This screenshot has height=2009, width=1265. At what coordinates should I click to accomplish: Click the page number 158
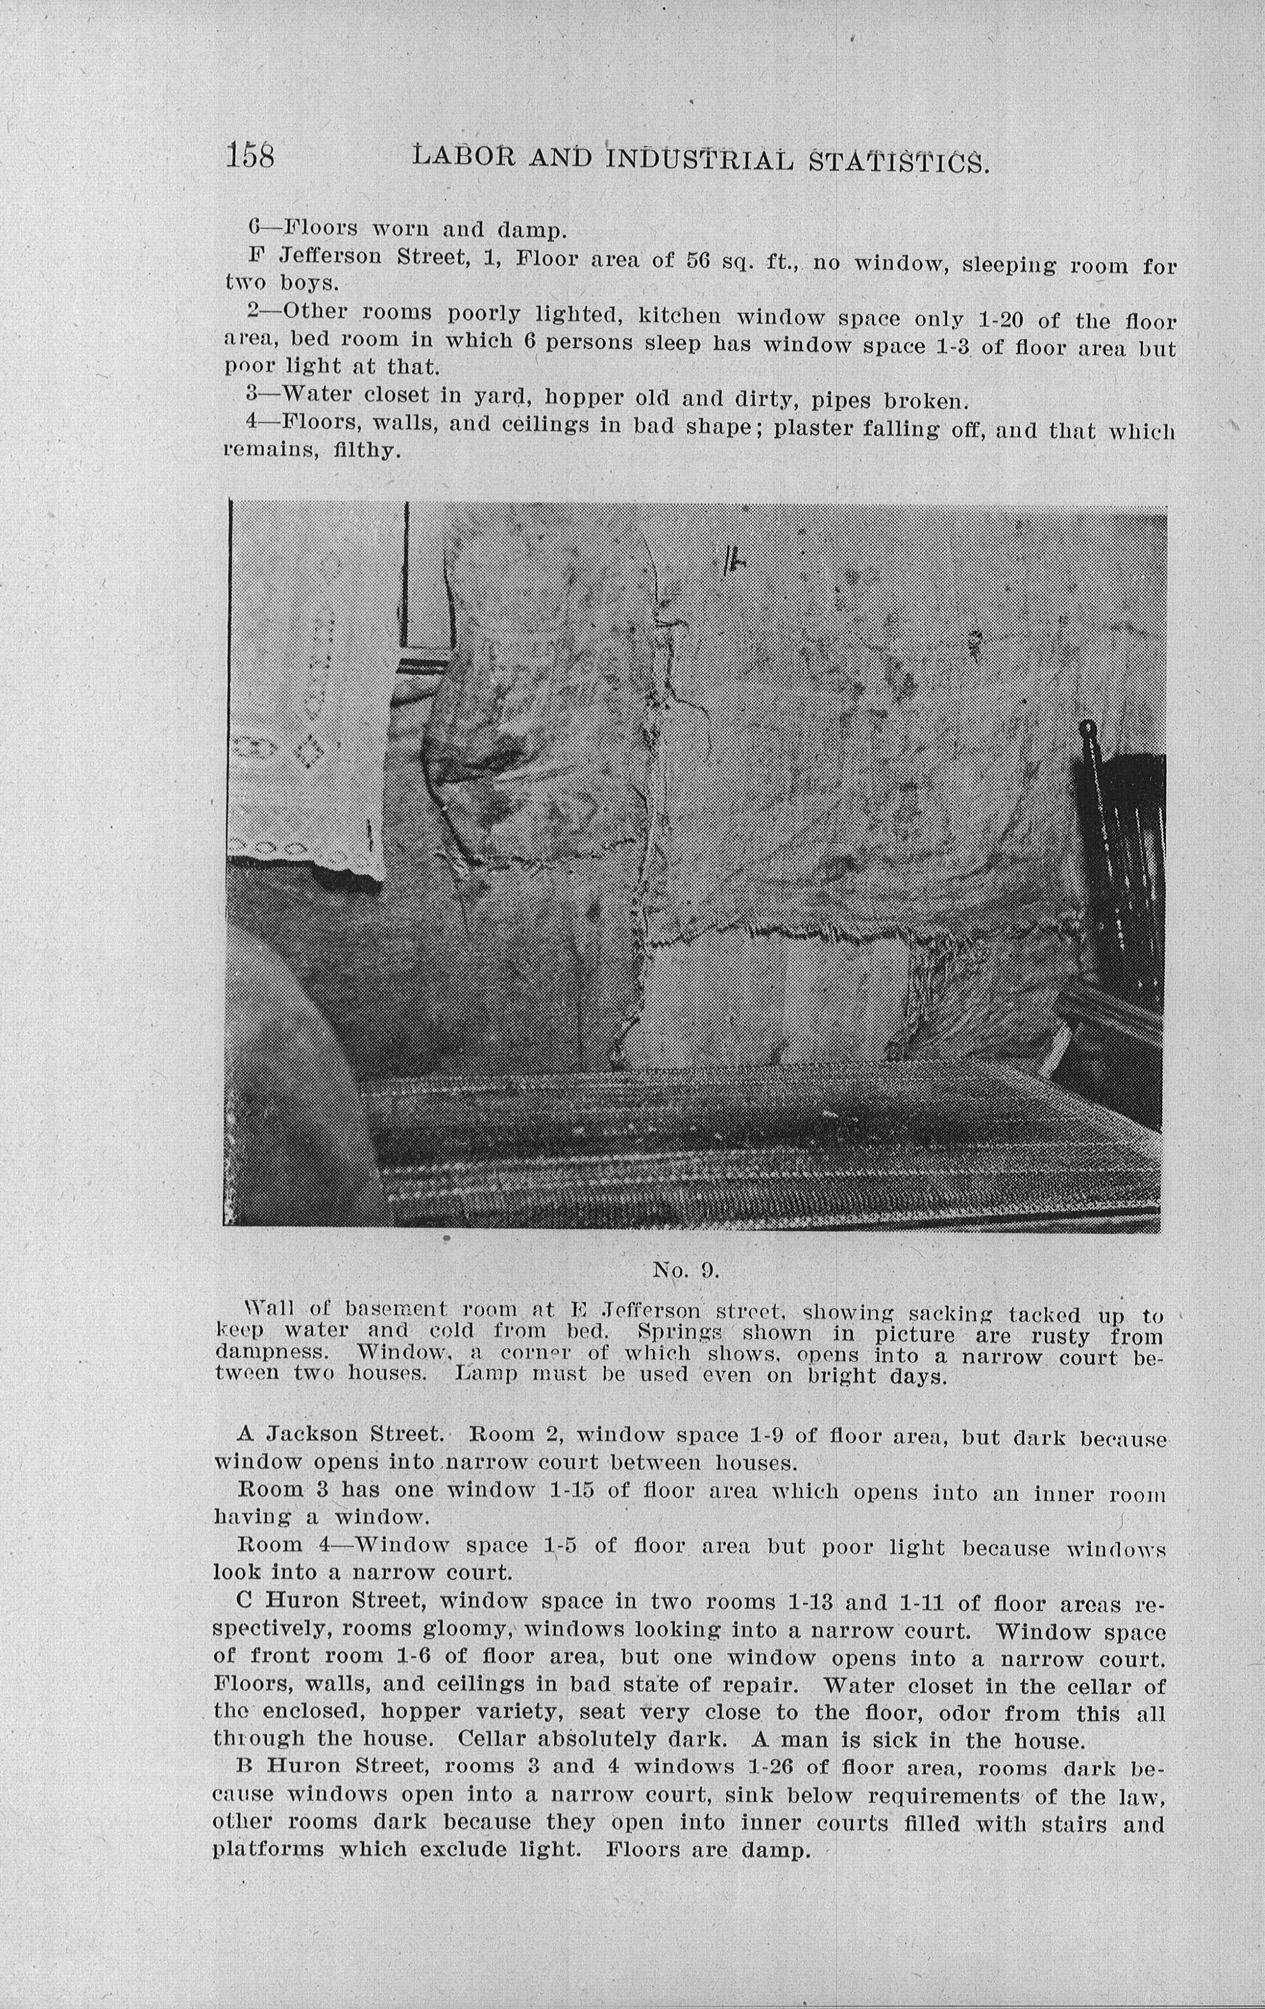pos(250,155)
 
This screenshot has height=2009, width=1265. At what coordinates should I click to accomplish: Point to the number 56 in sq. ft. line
pos(697,260)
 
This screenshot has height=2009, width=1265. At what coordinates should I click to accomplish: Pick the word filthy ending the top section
pos(367,452)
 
